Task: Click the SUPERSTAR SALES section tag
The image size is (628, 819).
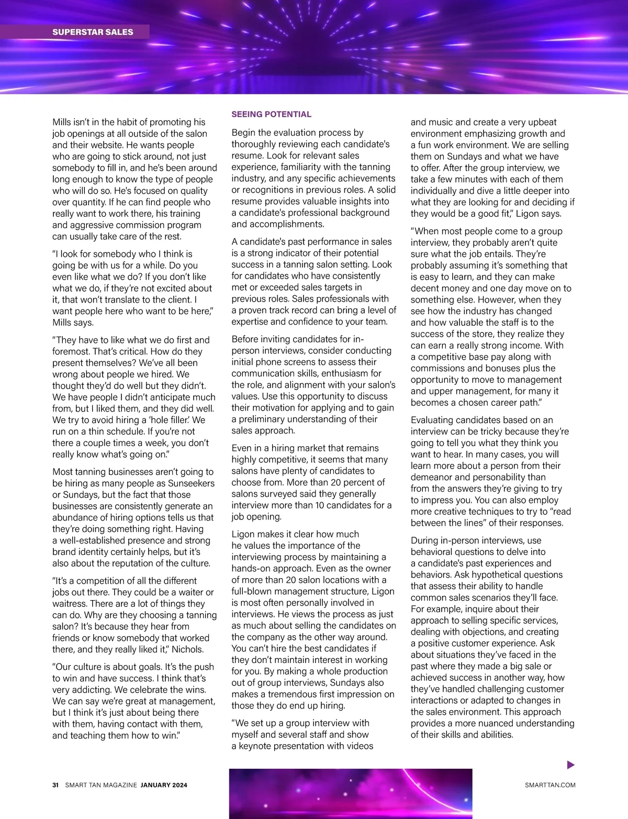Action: (x=93, y=32)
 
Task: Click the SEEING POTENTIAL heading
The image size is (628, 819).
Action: (x=271, y=114)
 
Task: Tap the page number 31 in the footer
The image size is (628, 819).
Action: (x=55, y=785)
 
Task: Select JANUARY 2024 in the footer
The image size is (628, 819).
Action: (x=164, y=785)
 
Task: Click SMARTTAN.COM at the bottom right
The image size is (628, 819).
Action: (x=550, y=785)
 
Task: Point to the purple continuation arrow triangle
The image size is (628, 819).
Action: (x=571, y=765)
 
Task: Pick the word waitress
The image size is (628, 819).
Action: (x=71, y=604)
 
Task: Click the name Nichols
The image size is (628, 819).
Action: (x=187, y=649)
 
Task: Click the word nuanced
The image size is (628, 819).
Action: (x=476, y=723)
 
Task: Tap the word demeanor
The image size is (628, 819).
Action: (x=431, y=477)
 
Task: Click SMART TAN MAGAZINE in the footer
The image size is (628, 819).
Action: (x=101, y=785)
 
